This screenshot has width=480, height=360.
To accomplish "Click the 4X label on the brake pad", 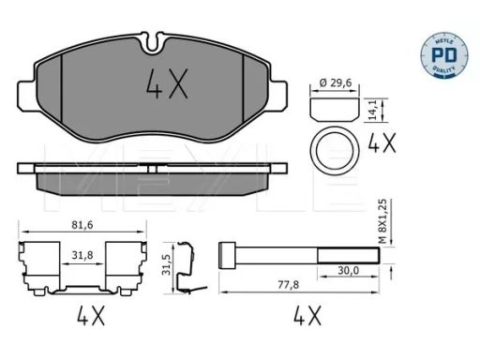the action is [167, 83].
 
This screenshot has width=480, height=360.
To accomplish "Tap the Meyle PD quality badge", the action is [444, 54].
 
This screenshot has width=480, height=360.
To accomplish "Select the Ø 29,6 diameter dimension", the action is [336, 82].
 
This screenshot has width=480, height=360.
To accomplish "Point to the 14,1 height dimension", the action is [372, 110].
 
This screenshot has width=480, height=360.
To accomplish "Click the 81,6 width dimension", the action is [82, 225].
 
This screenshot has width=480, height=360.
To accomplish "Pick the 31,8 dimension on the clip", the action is [82, 255].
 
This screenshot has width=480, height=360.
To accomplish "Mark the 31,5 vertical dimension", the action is [168, 264].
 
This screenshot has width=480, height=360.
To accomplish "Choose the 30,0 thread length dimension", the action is [349, 270].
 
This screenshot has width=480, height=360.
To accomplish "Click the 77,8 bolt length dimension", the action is [288, 285].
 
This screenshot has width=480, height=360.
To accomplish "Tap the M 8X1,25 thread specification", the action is [382, 221].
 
